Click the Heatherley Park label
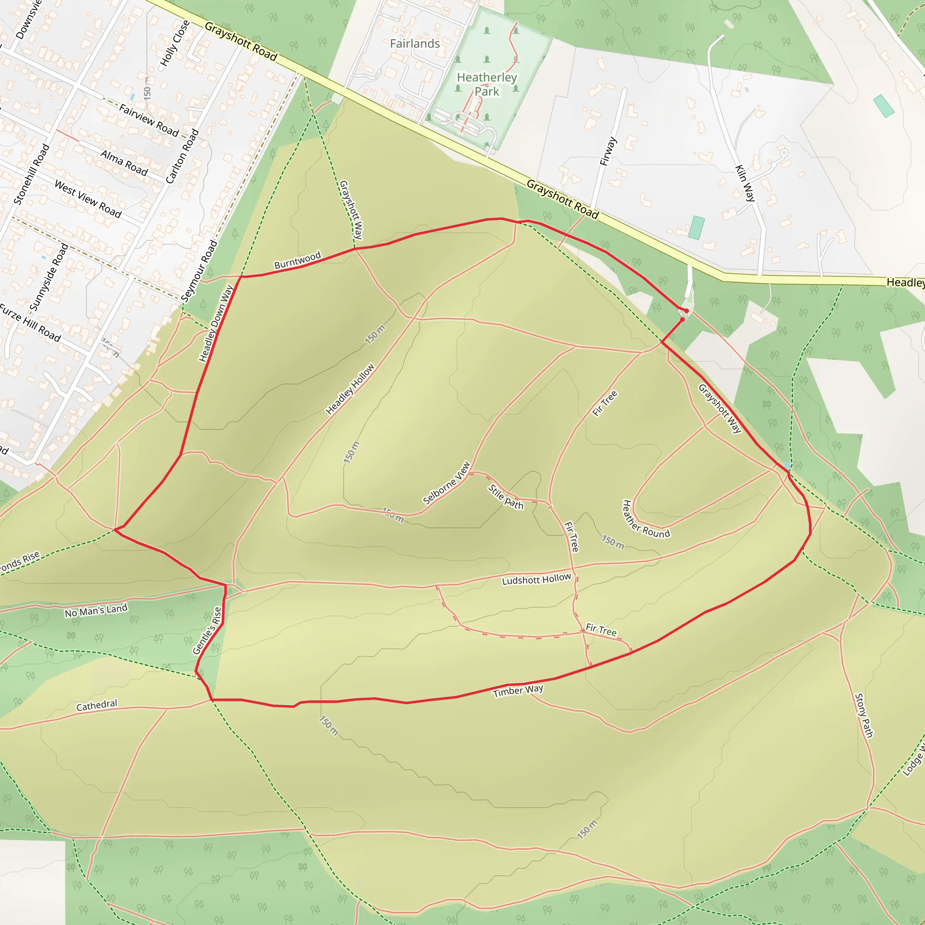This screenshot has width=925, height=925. click(x=486, y=84)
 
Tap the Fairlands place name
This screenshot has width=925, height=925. click(x=415, y=43)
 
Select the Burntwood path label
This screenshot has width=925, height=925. click(x=297, y=260)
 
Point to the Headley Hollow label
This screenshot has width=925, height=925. click(x=350, y=389)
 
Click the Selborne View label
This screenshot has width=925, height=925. click(x=447, y=483)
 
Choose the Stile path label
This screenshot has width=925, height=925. click(x=505, y=497)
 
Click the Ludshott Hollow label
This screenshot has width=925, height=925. click(x=536, y=579)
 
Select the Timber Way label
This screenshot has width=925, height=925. click(x=518, y=691)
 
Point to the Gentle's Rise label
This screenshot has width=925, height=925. click(x=207, y=631)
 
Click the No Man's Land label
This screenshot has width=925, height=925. click(x=96, y=611)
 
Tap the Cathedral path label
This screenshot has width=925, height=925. click(x=97, y=705)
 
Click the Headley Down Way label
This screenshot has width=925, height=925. click(x=216, y=323)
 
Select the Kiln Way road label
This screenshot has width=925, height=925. click(x=745, y=183)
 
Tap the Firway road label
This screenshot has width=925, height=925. click(x=608, y=151)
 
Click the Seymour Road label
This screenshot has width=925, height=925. click(x=200, y=271)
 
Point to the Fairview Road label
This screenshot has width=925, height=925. click(x=149, y=120)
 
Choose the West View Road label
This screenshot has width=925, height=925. click(x=88, y=199)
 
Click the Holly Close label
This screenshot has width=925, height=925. click(x=175, y=43)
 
